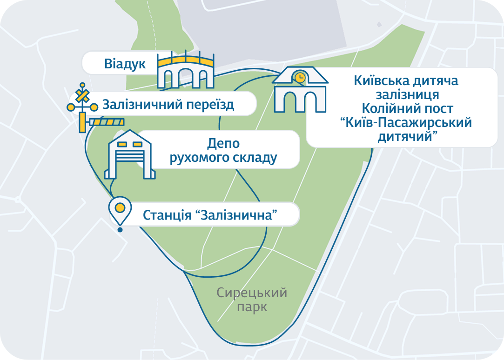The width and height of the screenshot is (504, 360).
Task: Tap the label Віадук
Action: click(x=125, y=64)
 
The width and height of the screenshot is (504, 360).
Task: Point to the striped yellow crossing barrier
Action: click(x=107, y=122)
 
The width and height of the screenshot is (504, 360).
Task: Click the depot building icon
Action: click(x=130, y=155)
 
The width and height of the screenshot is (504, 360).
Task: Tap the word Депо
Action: click(x=223, y=144)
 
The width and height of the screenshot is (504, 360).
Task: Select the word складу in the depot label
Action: click(x=254, y=158)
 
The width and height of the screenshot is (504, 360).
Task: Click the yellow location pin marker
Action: click(x=120, y=208)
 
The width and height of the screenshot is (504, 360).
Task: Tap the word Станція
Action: click(x=167, y=215)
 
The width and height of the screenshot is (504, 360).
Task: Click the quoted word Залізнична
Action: click(x=240, y=215)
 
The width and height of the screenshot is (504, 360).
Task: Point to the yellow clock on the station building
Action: click(x=300, y=77)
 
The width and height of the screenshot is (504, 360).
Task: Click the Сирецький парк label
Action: click(x=252, y=300)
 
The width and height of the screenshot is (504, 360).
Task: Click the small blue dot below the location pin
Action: click(x=120, y=229)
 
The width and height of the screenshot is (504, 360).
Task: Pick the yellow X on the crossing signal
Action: click(x=83, y=96)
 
